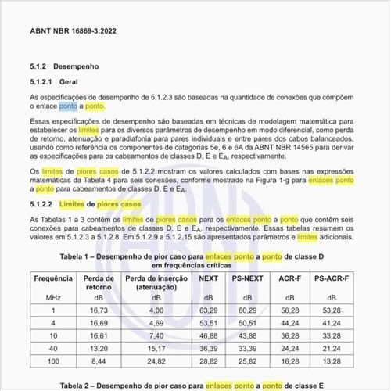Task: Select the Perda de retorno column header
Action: click(99, 282)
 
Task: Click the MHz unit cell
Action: click(54, 298)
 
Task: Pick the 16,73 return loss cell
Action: click(99, 310)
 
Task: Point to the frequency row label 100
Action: click(54, 362)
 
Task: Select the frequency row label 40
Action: click(54, 349)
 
